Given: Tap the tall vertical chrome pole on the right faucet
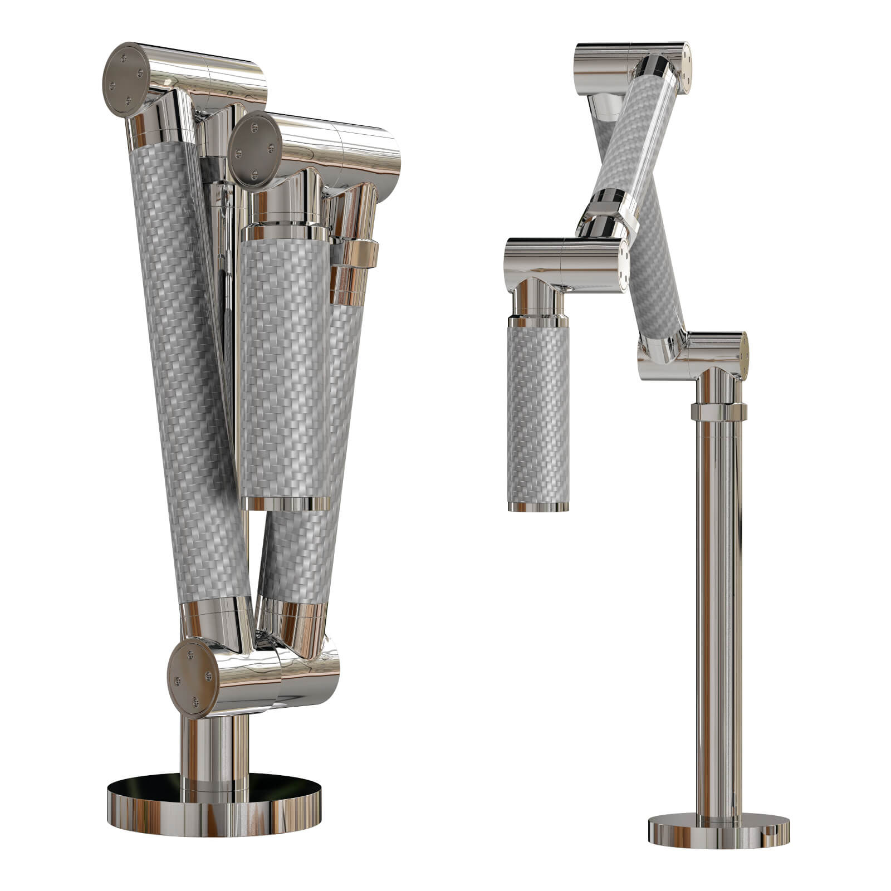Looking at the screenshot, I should click(x=718, y=613).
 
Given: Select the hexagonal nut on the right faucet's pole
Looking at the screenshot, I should click(x=718, y=412).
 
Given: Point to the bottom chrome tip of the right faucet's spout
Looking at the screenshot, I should click(x=538, y=506).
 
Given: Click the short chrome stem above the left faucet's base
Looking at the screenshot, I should click(x=214, y=746).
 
